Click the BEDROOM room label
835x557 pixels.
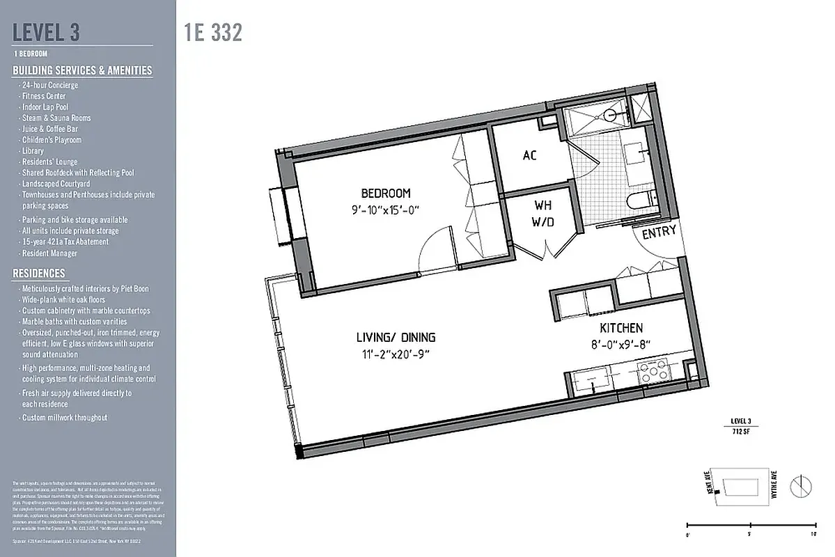click(x=385, y=193)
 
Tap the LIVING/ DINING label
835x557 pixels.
click(x=396, y=338)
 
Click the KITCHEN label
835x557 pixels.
click(x=621, y=328)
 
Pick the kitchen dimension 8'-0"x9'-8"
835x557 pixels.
click(x=621, y=343)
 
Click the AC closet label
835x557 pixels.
click(x=530, y=156)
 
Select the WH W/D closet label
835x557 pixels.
click(x=543, y=214)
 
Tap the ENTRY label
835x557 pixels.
click(x=658, y=233)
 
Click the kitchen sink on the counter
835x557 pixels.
click(x=592, y=382)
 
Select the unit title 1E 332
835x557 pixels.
click(x=214, y=33)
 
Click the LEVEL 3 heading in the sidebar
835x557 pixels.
click(x=47, y=32)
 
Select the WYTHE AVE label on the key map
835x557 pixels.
click(x=774, y=484)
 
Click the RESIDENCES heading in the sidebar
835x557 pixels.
click(x=39, y=274)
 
